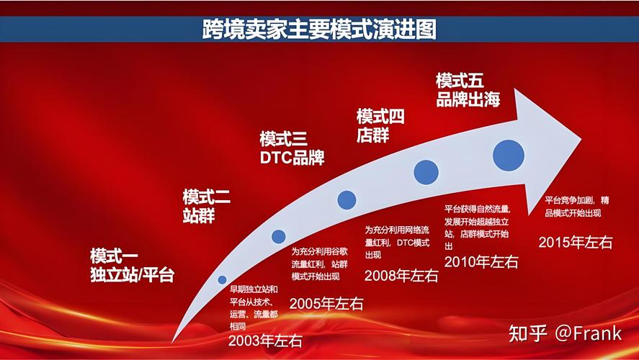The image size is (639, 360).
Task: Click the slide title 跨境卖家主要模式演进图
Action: coord(319,30)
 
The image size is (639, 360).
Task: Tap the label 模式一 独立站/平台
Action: coord(132,265)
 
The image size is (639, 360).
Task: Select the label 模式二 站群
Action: coord(207,206)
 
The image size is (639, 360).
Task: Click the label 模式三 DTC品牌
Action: coord(292,148)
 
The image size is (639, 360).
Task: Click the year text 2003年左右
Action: coord(265,341)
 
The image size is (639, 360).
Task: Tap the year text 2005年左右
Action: coord(326,303)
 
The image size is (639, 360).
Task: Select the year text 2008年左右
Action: coord(401,274)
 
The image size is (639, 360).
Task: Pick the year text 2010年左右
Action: coord(481,261)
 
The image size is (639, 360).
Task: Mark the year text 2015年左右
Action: coord(576,241)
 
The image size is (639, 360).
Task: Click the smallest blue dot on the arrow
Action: coord(222,279)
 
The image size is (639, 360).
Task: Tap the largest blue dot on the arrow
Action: coord(508,155)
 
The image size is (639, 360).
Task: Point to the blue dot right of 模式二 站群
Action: coord(279,236)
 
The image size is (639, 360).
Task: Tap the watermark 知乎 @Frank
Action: coord(566,333)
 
